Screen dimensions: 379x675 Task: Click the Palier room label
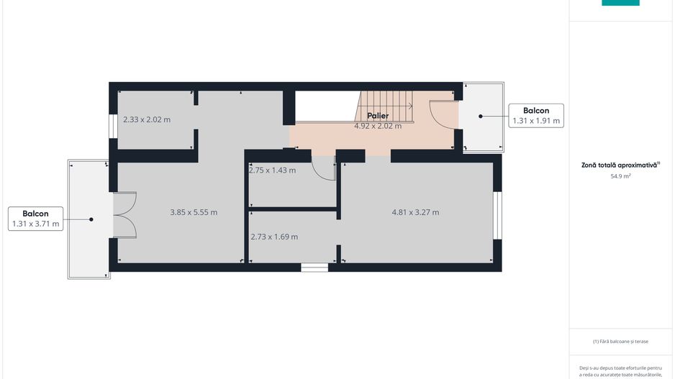378,116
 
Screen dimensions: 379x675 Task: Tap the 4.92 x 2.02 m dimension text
378,126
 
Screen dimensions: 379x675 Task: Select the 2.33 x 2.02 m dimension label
147,119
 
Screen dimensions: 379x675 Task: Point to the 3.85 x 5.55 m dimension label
194,212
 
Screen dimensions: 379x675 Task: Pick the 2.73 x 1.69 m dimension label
274,237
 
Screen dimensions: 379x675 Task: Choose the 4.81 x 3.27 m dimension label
415,212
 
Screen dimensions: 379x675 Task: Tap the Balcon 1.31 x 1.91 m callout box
536,116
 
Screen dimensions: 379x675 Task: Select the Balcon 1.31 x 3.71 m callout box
36,219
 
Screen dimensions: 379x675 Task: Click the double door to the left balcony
125,214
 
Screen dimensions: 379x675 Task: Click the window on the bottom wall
314,268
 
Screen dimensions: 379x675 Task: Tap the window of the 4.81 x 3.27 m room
497,214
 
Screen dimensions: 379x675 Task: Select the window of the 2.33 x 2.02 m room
113,125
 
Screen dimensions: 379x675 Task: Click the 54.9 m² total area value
620,175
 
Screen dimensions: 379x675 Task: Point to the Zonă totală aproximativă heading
620,165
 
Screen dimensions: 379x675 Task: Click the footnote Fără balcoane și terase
620,341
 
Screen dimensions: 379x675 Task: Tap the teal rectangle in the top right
620,3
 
